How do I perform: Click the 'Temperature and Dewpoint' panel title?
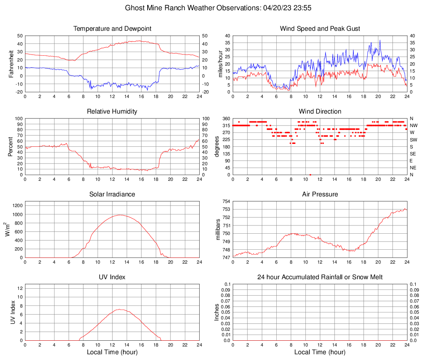(112, 29)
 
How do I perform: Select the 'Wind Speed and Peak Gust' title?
(320, 29)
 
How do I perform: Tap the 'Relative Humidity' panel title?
(112, 112)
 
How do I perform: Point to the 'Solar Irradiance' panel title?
(112, 194)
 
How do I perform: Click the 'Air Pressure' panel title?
(320, 194)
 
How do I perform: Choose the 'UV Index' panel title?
(112, 277)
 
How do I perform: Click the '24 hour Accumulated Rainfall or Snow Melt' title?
(320, 277)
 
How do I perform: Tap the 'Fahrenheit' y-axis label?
(11, 64)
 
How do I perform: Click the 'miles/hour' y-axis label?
(220, 64)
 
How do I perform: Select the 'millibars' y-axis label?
(218, 230)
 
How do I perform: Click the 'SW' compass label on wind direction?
(413, 140)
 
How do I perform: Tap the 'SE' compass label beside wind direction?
(413, 154)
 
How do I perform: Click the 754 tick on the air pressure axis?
(226, 201)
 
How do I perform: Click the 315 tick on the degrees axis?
(226, 125)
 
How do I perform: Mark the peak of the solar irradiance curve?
(120, 215)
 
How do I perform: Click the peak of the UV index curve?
(120, 309)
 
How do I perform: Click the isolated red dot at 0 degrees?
(310, 175)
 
